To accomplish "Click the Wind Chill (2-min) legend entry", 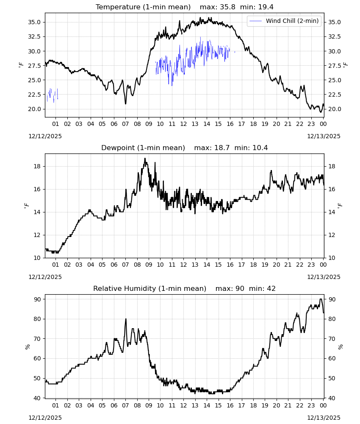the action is (284, 21).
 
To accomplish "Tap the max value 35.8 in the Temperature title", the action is (228, 7).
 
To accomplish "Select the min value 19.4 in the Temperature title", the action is (266, 7).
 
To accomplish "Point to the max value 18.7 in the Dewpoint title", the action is (222, 148).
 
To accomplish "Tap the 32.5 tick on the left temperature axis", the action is (34, 36).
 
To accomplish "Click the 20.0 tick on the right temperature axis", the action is (334, 109).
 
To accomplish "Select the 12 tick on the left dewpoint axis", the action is (37, 235).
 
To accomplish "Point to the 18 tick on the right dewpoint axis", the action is (332, 166).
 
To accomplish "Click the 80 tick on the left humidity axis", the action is (37, 319).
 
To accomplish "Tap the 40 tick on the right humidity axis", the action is (332, 398).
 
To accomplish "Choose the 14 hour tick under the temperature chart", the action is (207, 124).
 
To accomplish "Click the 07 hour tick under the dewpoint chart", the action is (125, 265).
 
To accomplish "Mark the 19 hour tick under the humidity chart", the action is (265, 405).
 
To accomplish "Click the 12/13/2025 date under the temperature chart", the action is (324, 136).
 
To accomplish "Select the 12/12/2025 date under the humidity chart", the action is (45, 418).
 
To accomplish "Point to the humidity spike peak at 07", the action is (126, 319).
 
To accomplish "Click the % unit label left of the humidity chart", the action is (27, 347).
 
